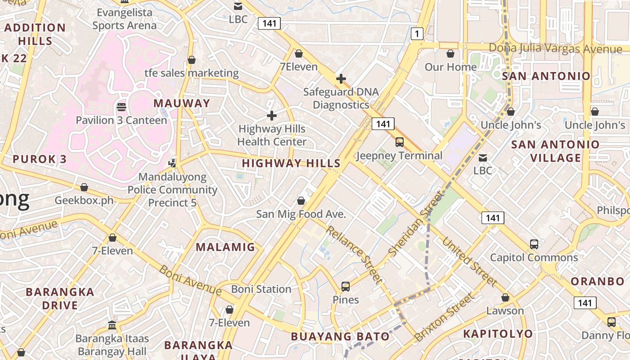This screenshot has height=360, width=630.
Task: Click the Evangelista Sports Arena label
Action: tap(124, 19)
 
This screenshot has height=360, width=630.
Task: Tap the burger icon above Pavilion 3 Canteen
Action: tap(121, 107)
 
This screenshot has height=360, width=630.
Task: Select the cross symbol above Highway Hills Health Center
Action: tap(272, 116)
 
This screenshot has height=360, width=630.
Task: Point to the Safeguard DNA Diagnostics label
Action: tap(341, 98)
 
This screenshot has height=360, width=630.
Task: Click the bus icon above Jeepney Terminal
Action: tap(399, 142)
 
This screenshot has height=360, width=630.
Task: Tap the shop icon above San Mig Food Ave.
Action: tap(301, 200)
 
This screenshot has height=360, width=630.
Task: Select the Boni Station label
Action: tap(261, 289)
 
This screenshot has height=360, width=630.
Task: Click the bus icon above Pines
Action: tap(346, 286)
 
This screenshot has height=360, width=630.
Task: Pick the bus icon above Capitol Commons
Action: tap(534, 244)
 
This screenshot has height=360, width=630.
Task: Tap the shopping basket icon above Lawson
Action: tap(505, 297)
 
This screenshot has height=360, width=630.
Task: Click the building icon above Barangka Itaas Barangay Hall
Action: tap(112, 325)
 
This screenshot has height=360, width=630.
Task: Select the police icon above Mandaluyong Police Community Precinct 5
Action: tap(172, 162)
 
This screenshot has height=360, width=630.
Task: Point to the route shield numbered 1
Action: tap(417, 33)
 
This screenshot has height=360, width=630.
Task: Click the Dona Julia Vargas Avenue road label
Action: tap(555, 49)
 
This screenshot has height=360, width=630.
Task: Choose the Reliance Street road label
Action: tap(354, 255)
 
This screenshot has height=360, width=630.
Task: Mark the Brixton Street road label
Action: tap(444, 317)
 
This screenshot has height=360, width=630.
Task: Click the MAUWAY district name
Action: tap(182, 103)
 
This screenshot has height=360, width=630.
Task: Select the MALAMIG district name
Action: tap(225, 247)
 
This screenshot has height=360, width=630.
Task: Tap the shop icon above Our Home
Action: tap(450, 54)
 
